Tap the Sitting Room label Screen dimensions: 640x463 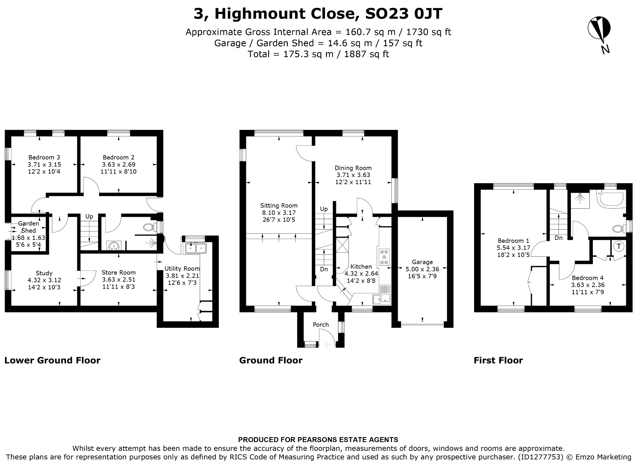pyautogui.click(x=279, y=206)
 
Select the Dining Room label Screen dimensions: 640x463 pyautogui.click(x=353, y=168)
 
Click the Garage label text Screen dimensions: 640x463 pyautogui.click(x=422, y=262)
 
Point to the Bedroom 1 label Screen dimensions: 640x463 pyautogui.click(x=513, y=241)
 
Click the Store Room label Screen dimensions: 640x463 pyautogui.click(x=118, y=273)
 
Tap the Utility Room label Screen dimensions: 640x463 pyautogui.click(x=182, y=269)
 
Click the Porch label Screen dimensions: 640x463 pyautogui.click(x=321, y=325)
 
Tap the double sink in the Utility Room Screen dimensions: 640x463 pyautogui.click(x=196, y=248)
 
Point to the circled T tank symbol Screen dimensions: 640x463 pyautogui.click(x=619, y=246)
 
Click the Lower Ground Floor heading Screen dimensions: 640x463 pyautogui.click(x=52, y=361)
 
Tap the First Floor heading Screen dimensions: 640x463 pyautogui.click(x=498, y=361)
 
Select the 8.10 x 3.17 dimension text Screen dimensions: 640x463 pyautogui.click(x=279, y=213)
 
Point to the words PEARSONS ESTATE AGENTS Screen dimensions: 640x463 pyautogui.click(x=347, y=440)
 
